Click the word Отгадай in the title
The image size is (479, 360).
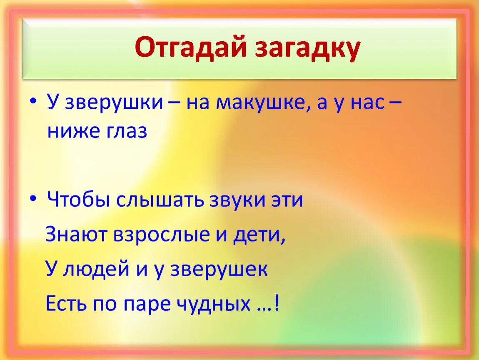coord(190,47)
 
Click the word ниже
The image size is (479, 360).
coord(73,131)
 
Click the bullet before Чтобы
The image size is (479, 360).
coord(33,198)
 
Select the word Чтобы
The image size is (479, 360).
coord(79,200)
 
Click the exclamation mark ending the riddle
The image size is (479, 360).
coord(277,303)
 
